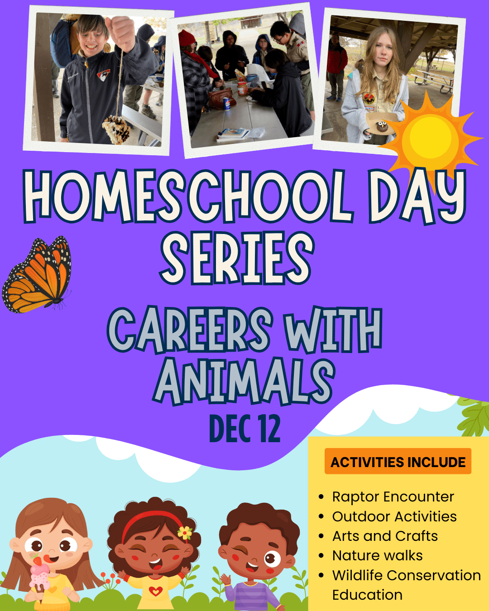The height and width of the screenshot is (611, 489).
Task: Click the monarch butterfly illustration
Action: coord(37,276)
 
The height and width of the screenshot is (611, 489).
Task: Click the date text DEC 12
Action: coord(245,429)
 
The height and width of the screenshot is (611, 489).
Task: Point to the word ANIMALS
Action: coord(245,381)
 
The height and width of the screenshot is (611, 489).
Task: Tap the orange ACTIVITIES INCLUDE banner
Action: coord(398,461)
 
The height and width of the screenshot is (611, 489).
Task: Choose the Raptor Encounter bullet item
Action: coord(393,497)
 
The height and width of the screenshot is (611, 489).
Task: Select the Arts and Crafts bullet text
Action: coord(385,536)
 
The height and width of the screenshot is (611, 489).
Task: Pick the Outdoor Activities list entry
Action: coord(394,516)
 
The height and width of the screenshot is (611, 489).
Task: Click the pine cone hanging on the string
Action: coord(116,129)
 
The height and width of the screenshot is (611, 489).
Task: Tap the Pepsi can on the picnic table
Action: coord(226,104)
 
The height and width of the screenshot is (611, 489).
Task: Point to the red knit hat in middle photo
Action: coord(186,38)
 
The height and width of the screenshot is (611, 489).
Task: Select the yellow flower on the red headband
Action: coord(185,533)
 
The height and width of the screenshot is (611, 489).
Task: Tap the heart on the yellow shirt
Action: coord(155,591)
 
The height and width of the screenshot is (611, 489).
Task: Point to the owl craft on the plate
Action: coord(380,127)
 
